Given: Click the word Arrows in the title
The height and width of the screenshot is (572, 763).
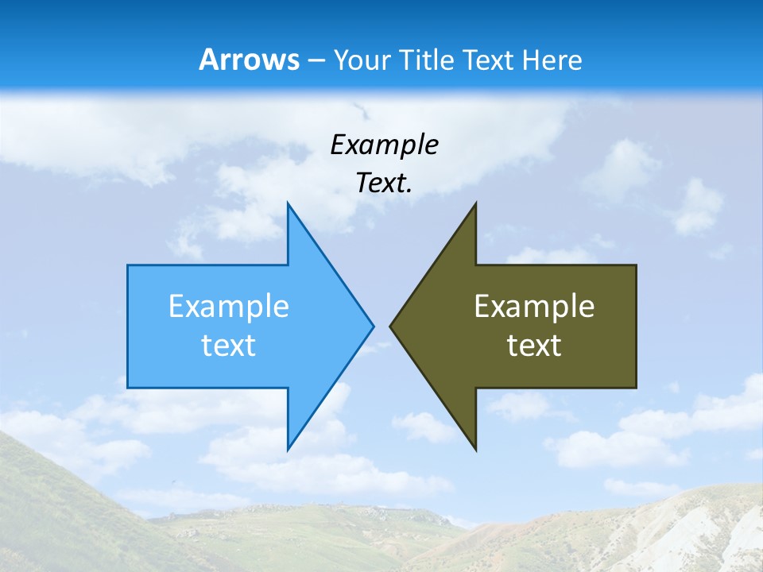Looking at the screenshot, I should (x=249, y=60).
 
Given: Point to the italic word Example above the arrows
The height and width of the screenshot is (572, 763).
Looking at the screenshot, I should (x=384, y=145).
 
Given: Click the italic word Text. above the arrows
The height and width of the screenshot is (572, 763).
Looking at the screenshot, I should (x=384, y=184).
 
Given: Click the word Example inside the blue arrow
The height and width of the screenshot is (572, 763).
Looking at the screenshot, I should (x=229, y=307).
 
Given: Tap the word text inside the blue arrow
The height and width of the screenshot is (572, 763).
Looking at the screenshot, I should (x=229, y=346).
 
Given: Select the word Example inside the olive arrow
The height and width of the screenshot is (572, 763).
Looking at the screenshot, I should (x=534, y=307).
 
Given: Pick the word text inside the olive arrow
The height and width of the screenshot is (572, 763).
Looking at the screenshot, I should (x=534, y=346).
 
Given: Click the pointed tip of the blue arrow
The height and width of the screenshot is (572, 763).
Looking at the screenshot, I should (x=373, y=325).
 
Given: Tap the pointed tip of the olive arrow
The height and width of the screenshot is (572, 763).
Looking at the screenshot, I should (x=390, y=325).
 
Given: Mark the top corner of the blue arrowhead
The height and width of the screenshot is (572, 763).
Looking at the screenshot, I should (x=288, y=203).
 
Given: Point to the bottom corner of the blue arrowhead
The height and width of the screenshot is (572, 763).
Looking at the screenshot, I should (x=288, y=449).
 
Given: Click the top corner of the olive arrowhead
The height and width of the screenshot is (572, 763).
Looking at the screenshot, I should (x=475, y=203).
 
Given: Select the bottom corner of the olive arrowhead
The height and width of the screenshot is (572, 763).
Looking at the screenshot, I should (x=475, y=449).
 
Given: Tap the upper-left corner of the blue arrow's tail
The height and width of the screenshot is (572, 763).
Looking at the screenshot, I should (x=128, y=265).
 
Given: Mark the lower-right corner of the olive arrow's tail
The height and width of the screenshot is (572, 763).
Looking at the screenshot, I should (x=636, y=387).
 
